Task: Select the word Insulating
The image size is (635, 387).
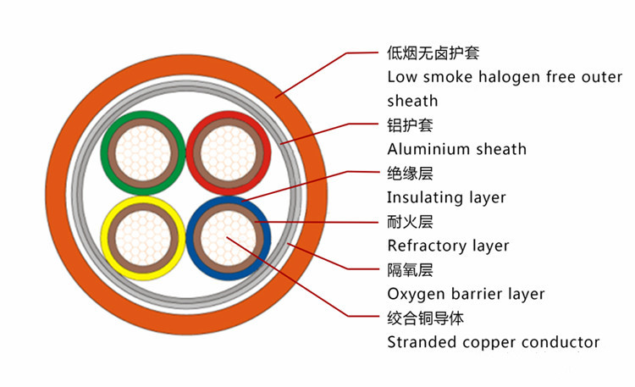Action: point(421,197)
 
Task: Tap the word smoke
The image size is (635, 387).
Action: point(444,77)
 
